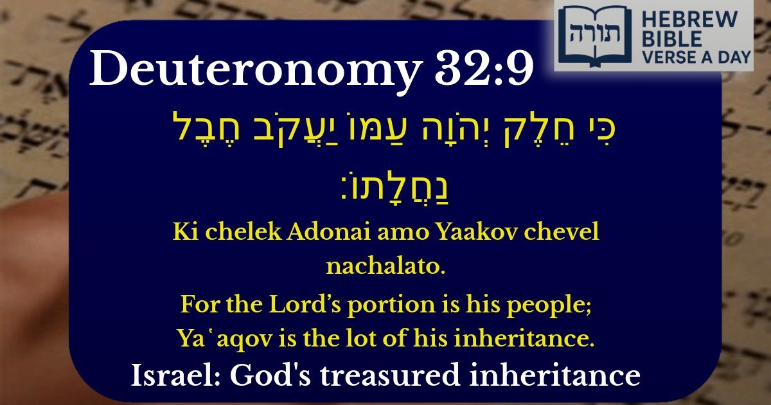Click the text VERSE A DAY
694,57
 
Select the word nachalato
385,265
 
